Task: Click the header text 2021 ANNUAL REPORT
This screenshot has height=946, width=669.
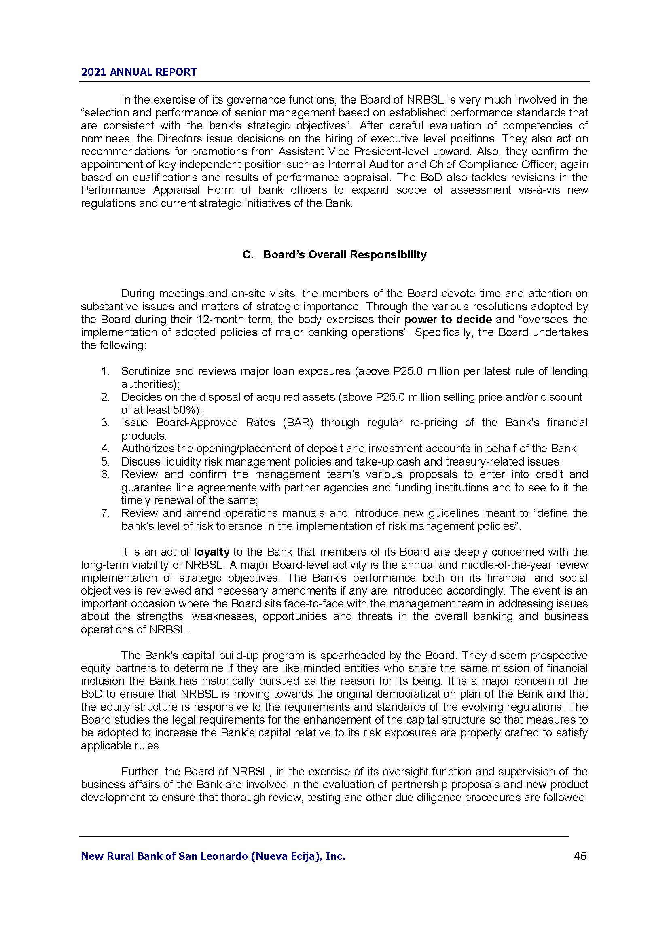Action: [x=138, y=72]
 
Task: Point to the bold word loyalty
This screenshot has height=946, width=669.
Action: [x=211, y=552]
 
